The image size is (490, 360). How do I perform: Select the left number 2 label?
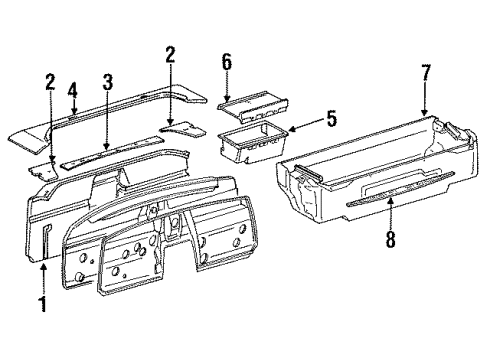50,80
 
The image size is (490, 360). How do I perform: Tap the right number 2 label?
171,54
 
